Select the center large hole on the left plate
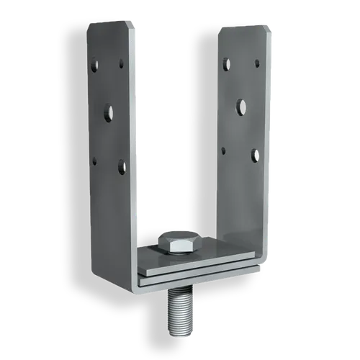108,112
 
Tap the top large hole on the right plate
226,64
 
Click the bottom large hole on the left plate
122,168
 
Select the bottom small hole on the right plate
224,150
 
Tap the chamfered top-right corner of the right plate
268,29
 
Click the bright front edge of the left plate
134,144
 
